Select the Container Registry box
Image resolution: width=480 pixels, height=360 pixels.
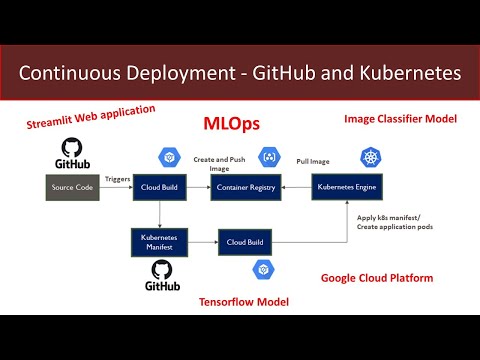(x=246, y=187)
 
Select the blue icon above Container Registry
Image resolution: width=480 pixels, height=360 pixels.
(x=268, y=157)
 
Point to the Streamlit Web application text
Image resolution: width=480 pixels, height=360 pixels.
(x=91, y=118)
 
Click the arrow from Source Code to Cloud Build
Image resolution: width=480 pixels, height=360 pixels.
(x=116, y=187)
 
